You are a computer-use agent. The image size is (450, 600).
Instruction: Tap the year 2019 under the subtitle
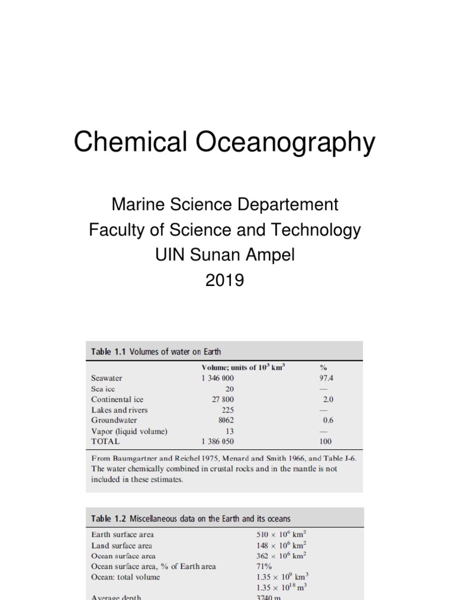pos(224,281)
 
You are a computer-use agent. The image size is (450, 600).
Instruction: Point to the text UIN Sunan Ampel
pos(224,255)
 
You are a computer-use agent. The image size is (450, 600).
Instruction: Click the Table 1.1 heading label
pos(108,352)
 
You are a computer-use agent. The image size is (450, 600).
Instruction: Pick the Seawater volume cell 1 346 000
pos(221,378)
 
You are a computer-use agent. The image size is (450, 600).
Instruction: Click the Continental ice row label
pos(117,399)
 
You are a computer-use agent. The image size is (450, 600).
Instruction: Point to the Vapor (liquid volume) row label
pos(129,431)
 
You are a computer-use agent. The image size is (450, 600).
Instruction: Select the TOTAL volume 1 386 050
pos(221,441)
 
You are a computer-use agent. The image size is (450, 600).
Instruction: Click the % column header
pos(322,367)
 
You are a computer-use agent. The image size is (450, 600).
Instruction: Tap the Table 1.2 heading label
pos(108,519)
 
